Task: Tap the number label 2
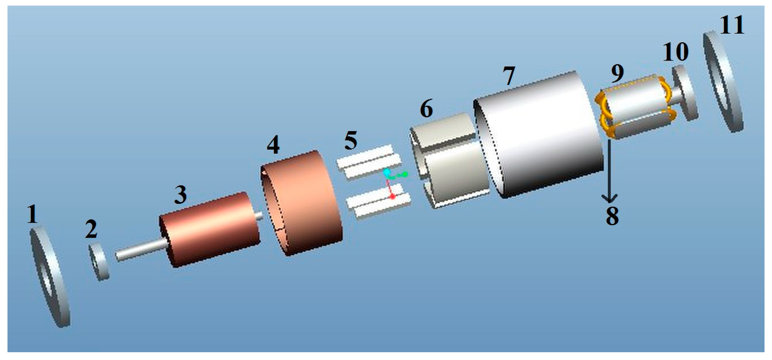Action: click(91, 229)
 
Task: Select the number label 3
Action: click(180, 195)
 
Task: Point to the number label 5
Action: click(351, 141)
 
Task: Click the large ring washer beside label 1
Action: click(50, 277)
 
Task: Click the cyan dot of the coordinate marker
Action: click(387, 172)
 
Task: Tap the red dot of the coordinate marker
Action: click(393, 197)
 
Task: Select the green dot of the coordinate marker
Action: click(405, 175)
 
